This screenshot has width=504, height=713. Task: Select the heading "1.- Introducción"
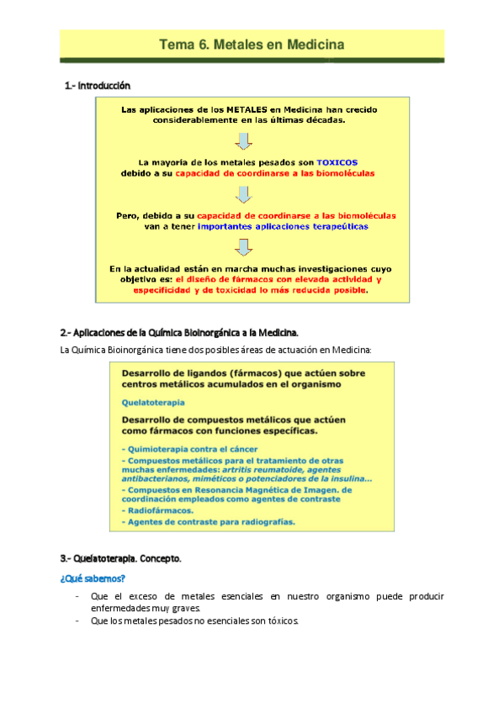pyautogui.click(x=98, y=86)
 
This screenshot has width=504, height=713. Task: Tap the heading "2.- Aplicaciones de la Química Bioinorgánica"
pyautogui.click(x=180, y=331)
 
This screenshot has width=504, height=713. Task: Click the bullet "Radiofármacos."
pyautogui.click(x=160, y=510)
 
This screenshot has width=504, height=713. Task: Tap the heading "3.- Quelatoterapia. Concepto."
pyautogui.click(x=121, y=558)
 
